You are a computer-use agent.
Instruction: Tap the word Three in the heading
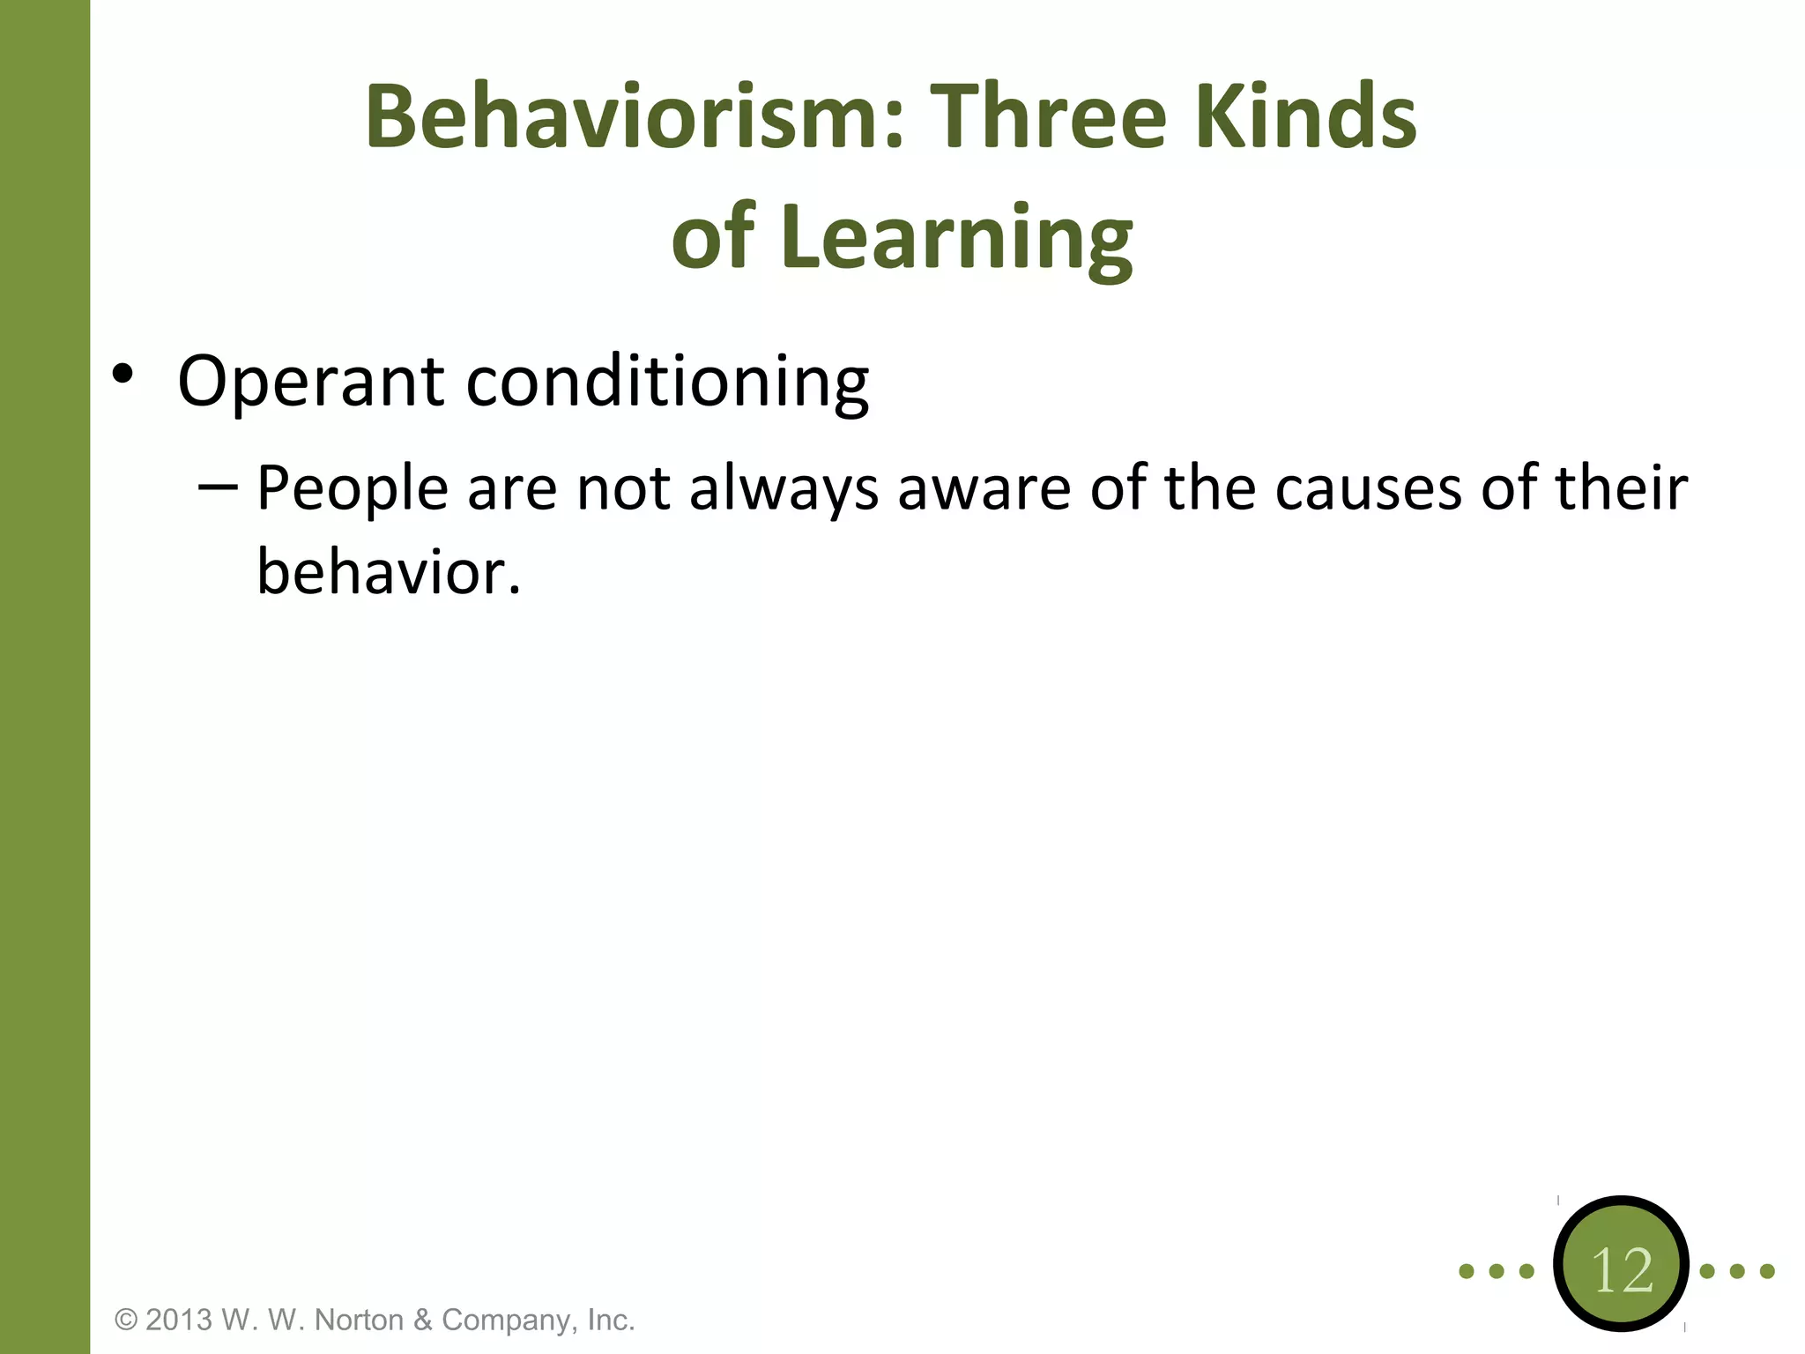point(1049,116)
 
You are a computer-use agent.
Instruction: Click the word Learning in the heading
point(956,236)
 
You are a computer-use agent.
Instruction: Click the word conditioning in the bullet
point(667,383)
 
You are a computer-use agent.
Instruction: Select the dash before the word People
point(217,487)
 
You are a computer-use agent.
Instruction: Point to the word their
point(1620,487)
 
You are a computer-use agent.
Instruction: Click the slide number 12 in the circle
point(1622,1270)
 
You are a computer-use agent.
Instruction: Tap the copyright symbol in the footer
point(127,1320)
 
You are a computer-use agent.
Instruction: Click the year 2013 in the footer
point(179,1320)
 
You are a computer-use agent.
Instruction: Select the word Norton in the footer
point(359,1320)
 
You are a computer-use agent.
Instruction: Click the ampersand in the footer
point(423,1320)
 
